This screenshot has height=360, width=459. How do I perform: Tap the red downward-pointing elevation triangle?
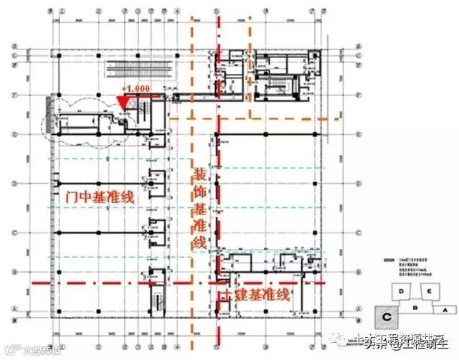123,103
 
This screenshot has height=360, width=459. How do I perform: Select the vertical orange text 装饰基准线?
201,208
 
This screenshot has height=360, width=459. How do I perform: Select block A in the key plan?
445,310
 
